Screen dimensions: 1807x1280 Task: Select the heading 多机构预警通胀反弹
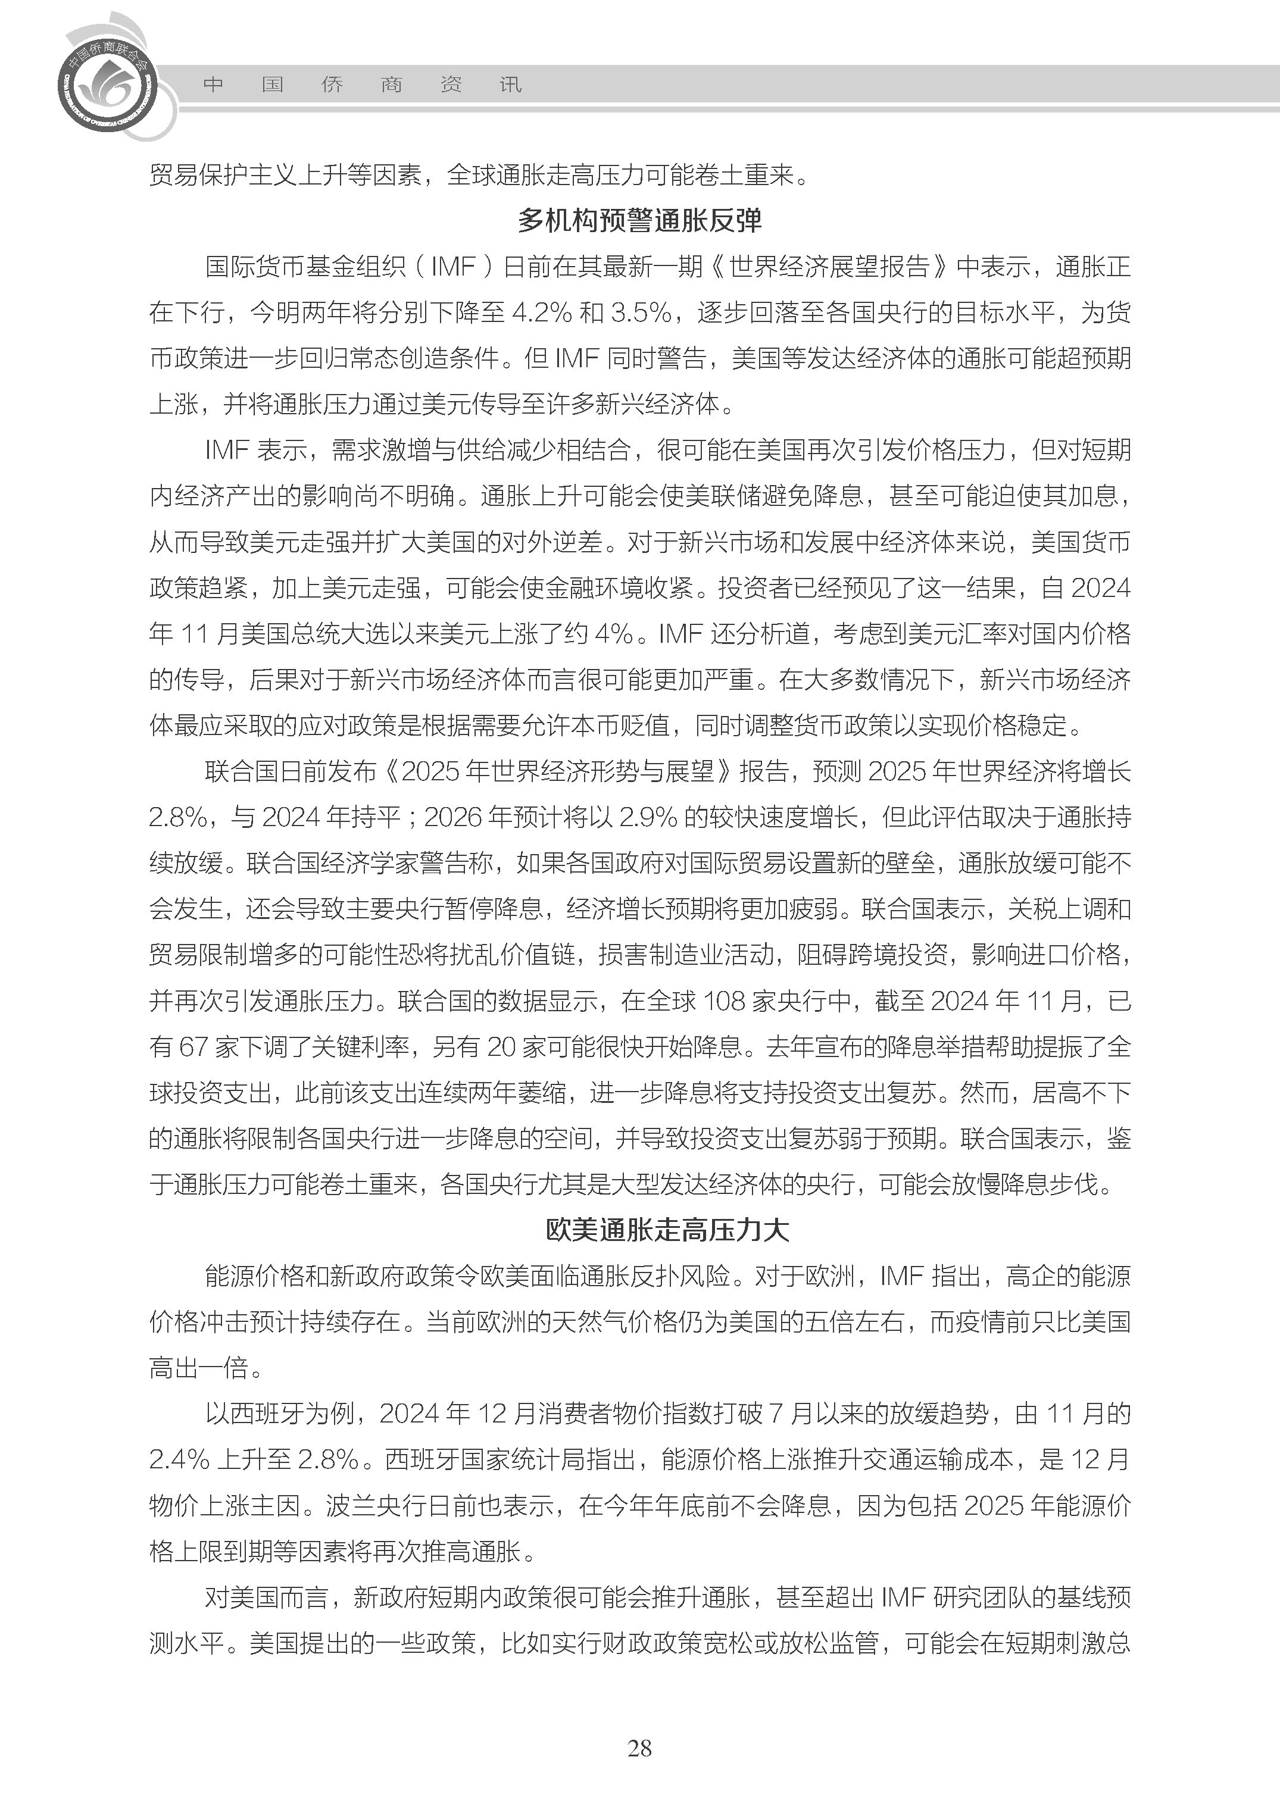[639, 221]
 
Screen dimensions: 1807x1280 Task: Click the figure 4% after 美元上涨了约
[614, 634]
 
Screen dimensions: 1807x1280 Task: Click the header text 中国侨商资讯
[362, 85]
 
